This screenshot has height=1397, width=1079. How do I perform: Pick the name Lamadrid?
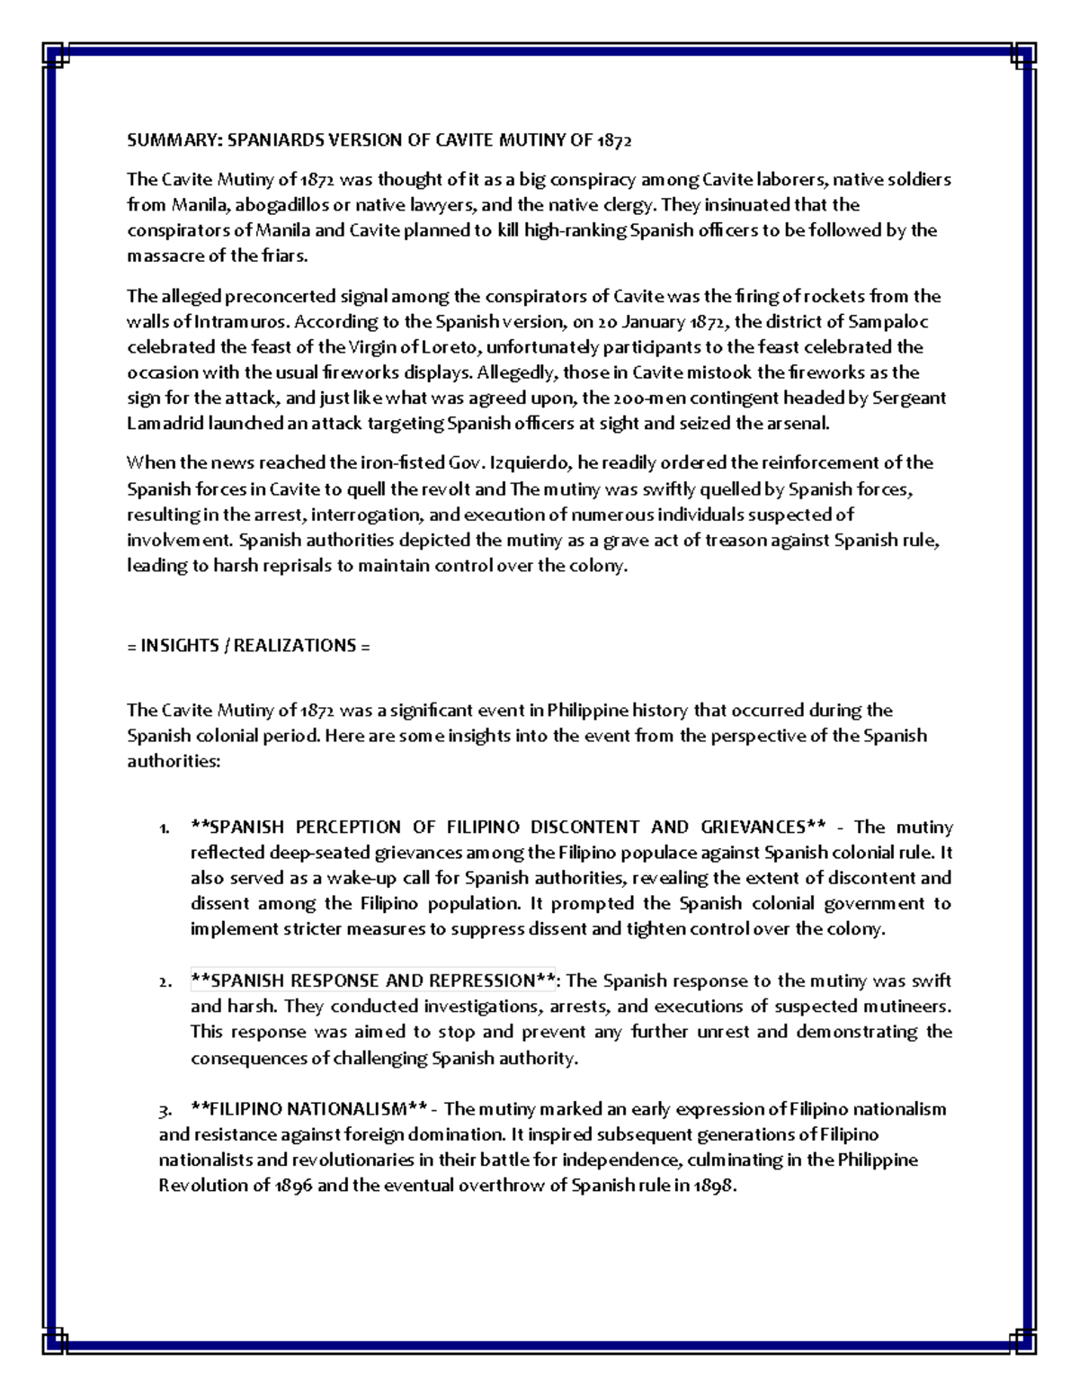tap(165, 424)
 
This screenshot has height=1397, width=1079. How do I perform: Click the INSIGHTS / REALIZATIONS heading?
tap(248, 646)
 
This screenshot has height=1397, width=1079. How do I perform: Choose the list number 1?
tap(163, 828)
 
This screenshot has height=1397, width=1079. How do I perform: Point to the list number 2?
tap(163, 982)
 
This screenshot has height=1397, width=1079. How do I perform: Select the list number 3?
tap(164, 1109)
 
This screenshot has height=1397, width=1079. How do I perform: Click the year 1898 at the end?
tap(716, 1186)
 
